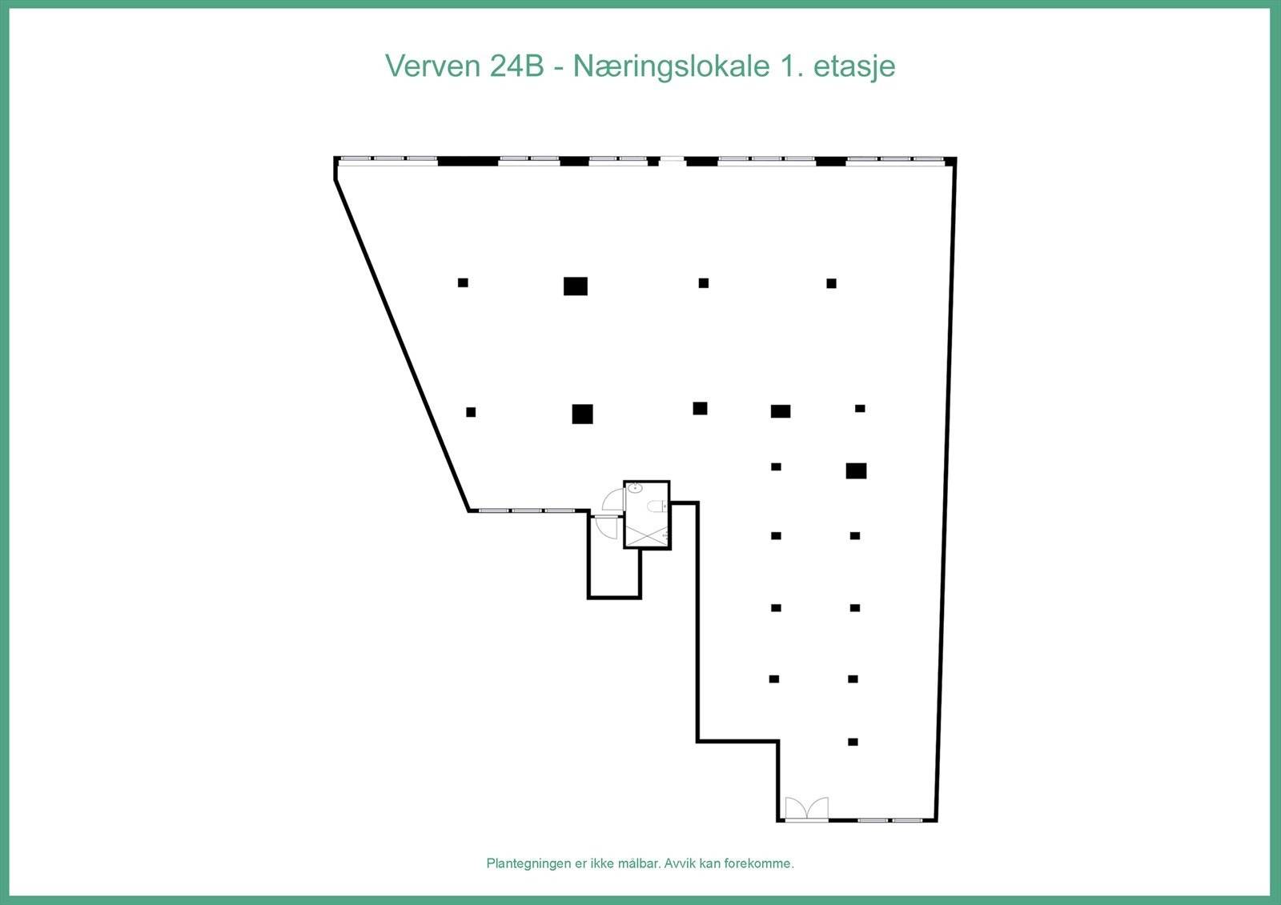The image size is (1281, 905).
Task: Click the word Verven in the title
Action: point(433,66)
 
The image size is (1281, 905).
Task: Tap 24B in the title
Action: point(516,66)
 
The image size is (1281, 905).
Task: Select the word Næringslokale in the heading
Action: point(671,67)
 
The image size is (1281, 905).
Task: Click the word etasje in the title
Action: point(854,67)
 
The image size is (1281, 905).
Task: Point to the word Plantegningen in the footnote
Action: point(529,863)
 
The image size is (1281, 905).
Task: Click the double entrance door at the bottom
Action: point(806,809)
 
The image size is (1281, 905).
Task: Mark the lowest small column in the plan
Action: point(853,742)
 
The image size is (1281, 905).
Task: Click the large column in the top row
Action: point(576,286)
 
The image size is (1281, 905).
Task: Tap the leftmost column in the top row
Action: point(463,282)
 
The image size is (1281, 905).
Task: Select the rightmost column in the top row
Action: point(831,283)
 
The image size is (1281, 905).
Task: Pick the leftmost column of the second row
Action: point(471,411)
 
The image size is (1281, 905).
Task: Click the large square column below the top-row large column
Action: point(582,414)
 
